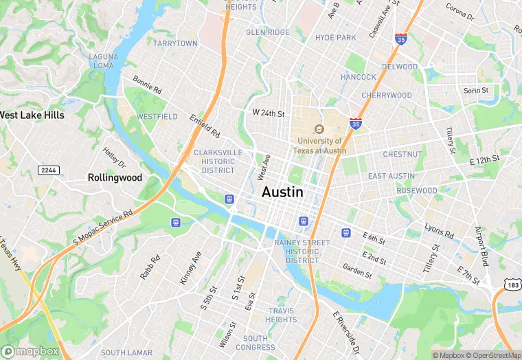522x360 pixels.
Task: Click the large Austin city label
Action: [282, 192]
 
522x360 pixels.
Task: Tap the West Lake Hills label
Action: [32, 115]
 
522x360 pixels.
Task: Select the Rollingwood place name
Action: [115, 177]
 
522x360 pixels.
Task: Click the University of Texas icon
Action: [319, 128]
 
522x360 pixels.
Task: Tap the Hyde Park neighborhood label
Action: [336, 38]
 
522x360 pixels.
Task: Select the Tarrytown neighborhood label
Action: [175, 43]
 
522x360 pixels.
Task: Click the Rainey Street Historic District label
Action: [302, 251]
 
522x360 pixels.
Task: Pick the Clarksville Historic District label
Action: [218, 161]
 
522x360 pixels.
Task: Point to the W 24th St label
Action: [268, 113]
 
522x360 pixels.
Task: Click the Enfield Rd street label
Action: [205, 126]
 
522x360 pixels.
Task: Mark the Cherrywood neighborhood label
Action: [386, 95]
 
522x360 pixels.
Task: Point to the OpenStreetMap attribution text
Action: [493, 355]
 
